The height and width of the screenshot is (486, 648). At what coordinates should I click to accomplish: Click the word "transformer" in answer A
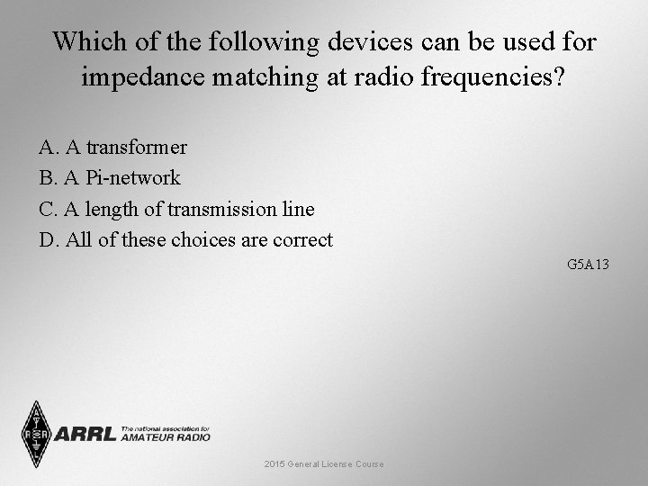137,147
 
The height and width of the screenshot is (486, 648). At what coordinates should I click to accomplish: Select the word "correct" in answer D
300,240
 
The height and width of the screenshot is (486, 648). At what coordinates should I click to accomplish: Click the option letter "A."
49,147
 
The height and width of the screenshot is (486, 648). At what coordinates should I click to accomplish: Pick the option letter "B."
49,177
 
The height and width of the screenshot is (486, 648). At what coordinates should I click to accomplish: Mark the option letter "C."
49,209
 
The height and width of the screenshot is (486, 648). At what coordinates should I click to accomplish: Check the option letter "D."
49,240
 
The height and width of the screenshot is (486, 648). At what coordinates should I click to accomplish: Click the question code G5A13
589,265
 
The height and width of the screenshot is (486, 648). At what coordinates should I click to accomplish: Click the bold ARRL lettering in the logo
85,435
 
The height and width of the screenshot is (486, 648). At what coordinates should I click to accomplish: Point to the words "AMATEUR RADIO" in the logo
166,437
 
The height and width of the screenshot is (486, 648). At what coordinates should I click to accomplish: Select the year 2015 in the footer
274,463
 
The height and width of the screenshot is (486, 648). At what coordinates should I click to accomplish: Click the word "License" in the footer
337,463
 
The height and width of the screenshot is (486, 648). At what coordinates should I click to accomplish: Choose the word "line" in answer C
300,209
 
